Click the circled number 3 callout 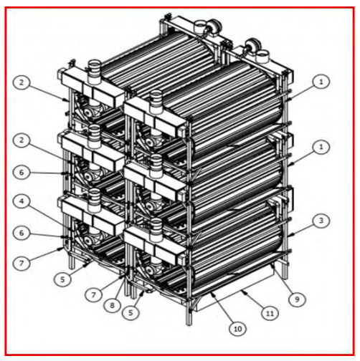[321, 221]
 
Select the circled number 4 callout [22, 201]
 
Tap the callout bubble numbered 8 [113, 305]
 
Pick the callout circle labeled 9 [297, 299]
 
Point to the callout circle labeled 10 [237, 329]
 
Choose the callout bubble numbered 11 [270, 313]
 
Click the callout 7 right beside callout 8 [93, 295]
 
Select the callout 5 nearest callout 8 [131, 312]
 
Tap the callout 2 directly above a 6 [22, 140]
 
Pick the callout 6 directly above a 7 [22, 233]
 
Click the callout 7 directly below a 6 [22, 263]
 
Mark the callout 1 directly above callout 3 [321, 148]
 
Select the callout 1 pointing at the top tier [321, 82]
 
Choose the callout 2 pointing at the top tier [22, 82]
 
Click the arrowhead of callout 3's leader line [289, 236]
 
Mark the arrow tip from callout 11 [241, 289]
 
